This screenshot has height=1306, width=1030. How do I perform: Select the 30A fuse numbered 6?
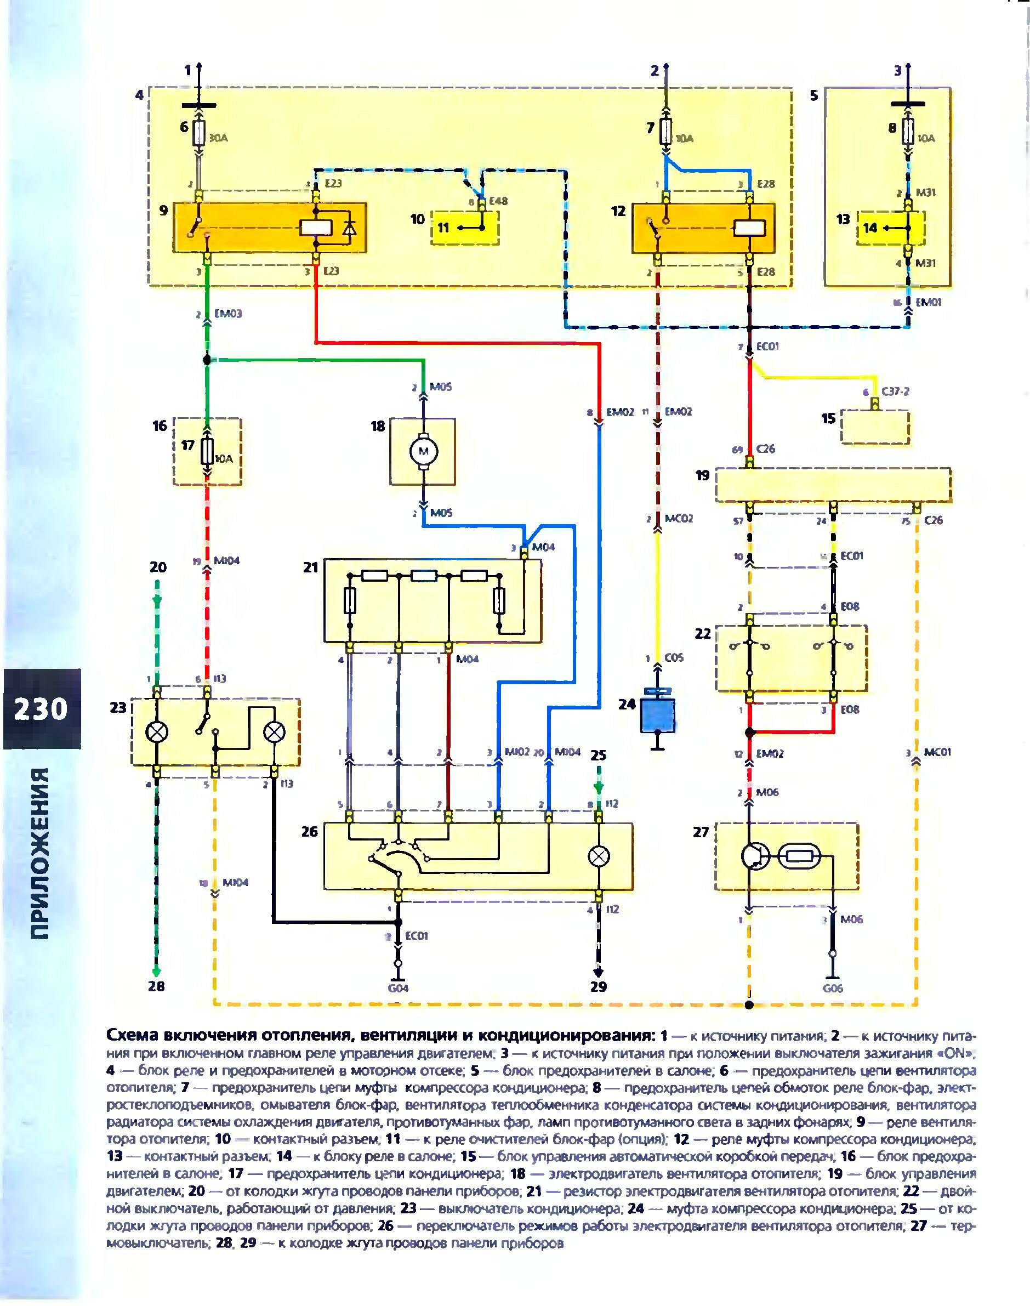(x=198, y=133)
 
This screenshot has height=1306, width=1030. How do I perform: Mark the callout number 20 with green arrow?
(x=157, y=567)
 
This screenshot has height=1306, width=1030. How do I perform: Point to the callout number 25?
(x=598, y=755)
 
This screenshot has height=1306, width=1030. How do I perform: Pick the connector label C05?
(x=675, y=657)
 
